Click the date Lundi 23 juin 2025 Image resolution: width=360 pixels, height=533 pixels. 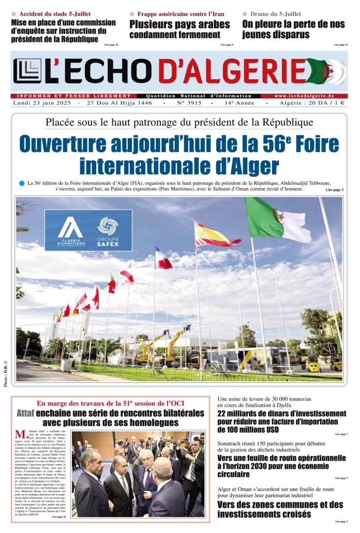click(x=42, y=103)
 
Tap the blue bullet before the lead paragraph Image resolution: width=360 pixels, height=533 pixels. click(x=21, y=183)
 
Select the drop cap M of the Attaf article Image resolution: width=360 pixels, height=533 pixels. click(x=20, y=434)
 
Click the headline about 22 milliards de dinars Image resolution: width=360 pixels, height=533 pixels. click(x=282, y=421)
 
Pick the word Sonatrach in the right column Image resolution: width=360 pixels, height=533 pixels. click(x=232, y=443)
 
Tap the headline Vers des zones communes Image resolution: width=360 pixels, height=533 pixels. click(x=280, y=509)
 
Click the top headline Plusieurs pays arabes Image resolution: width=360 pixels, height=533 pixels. click(x=179, y=24)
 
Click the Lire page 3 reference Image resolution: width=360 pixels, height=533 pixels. click(x=334, y=190)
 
